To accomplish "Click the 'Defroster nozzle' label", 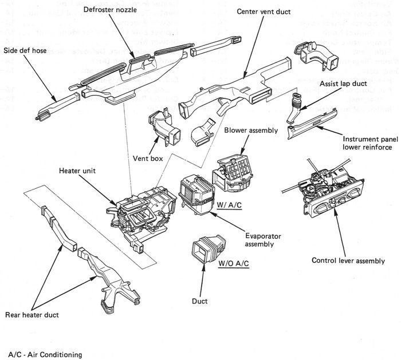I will click(x=109, y=11).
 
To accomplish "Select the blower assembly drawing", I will click(x=233, y=169).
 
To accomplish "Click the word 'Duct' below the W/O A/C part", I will click(x=200, y=300).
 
